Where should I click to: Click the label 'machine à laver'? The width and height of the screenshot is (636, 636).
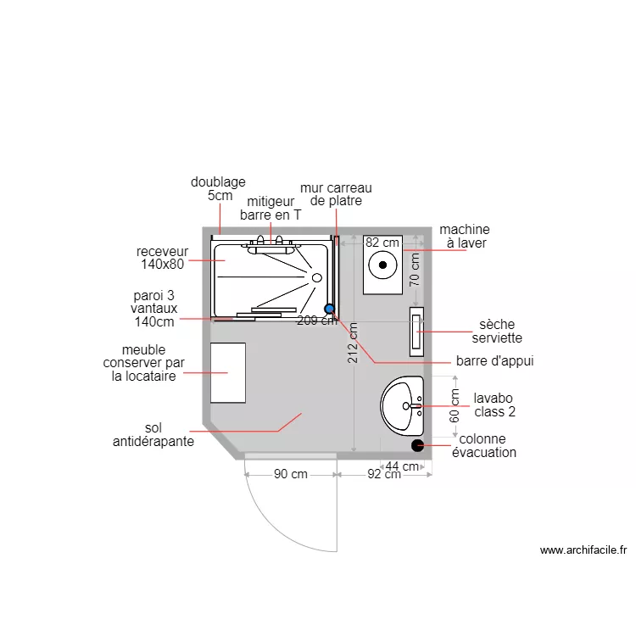click(x=464, y=237)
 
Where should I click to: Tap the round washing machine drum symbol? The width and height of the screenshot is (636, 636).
click(x=383, y=265)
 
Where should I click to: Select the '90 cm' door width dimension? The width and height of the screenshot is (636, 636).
click(x=291, y=475)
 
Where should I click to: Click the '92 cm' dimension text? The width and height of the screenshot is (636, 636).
click(x=384, y=475)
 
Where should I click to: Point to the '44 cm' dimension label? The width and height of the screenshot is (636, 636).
click(x=402, y=466)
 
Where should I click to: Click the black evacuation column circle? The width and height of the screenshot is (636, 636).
click(x=417, y=444)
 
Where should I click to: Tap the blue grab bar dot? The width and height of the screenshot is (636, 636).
click(x=329, y=310)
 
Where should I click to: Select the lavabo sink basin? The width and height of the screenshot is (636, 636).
click(x=401, y=406)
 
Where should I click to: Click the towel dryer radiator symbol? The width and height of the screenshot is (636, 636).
click(x=416, y=332)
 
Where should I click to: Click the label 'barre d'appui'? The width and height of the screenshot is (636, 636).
click(x=494, y=361)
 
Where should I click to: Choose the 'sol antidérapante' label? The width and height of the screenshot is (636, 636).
click(x=153, y=435)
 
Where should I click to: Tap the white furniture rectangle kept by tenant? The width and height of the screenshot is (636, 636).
click(x=228, y=372)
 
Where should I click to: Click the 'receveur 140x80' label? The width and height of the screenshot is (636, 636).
click(x=161, y=258)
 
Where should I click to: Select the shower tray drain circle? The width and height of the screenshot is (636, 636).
click(x=316, y=277)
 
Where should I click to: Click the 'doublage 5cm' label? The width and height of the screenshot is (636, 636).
click(x=218, y=188)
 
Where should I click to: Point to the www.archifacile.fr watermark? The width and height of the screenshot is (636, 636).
click(x=583, y=550)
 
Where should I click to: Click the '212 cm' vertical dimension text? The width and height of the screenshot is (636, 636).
click(x=353, y=343)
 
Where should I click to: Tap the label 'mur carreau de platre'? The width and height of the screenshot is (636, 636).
click(x=336, y=194)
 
